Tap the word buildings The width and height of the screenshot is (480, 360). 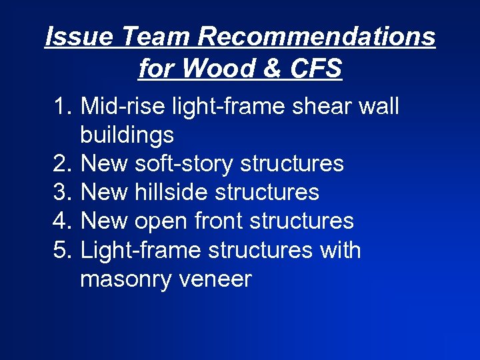tap(127, 136)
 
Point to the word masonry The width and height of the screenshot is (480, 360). tap(126, 279)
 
